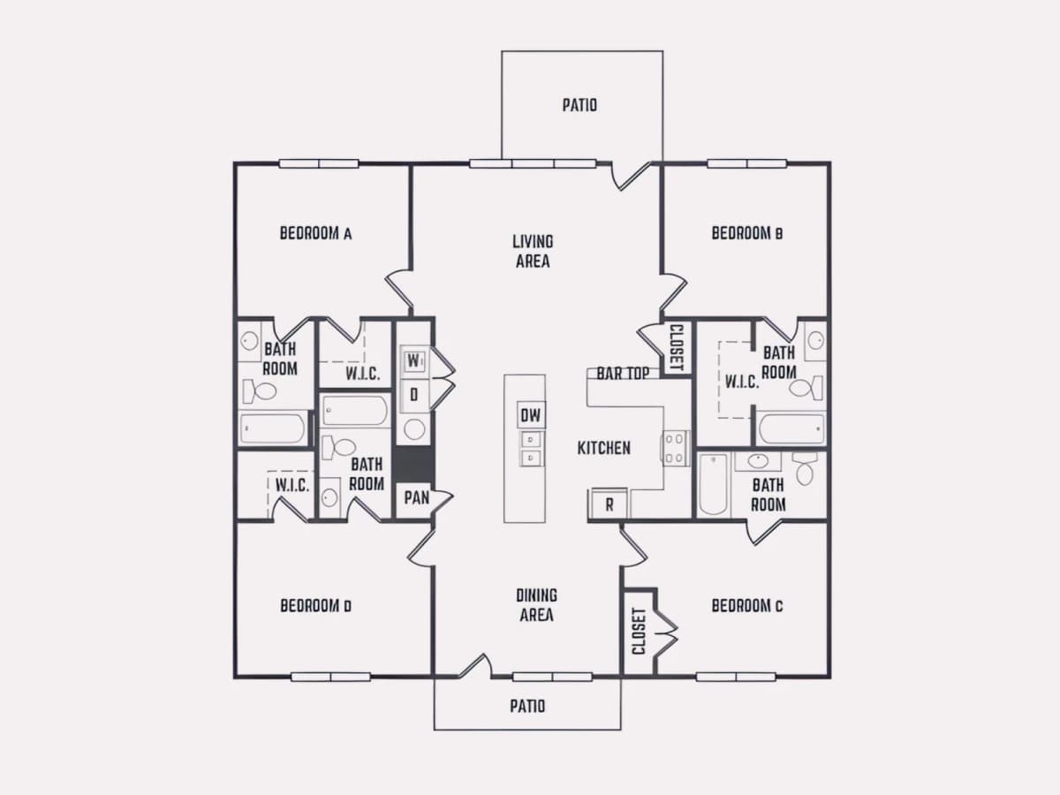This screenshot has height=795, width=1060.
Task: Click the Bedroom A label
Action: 316,233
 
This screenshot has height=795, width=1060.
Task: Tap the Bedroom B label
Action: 747,233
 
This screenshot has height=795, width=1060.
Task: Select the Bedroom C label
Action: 747,606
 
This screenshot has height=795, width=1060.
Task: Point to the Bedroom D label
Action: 316,606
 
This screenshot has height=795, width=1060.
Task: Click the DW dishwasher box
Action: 531,415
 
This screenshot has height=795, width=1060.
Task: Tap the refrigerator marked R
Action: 609,505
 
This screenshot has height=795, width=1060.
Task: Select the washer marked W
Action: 413,360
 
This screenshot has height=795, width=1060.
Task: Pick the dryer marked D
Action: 414,396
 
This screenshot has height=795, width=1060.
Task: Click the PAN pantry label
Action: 417,497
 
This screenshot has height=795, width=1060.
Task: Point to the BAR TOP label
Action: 623,374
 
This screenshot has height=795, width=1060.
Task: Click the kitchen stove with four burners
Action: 675,449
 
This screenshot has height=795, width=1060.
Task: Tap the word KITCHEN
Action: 603,449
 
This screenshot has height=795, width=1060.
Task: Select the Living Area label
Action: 533,252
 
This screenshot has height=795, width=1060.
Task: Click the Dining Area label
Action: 536,605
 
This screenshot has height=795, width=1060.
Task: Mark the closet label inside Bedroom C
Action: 639,632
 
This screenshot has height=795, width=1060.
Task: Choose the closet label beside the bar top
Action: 677,347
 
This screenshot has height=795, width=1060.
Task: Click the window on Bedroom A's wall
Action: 319,164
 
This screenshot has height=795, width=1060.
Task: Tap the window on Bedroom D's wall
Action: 330,678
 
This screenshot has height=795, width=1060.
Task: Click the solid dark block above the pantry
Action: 413,464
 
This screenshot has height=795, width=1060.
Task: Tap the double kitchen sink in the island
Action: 531,449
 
